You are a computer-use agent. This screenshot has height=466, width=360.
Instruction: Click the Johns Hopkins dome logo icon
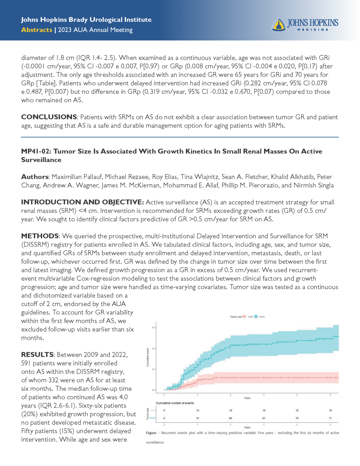tap(278, 25)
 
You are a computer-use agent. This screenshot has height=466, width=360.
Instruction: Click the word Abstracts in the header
tap(37, 30)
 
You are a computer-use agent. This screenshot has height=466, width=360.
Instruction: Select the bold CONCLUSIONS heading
tap(49, 117)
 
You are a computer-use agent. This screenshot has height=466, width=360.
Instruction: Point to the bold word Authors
tap(34, 177)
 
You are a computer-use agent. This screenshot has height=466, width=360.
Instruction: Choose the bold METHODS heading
tap(40, 236)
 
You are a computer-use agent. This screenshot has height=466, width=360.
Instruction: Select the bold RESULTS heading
tap(37, 355)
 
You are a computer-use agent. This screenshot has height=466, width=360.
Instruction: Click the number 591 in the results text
tap(26, 363)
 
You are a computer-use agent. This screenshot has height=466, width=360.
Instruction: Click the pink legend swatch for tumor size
tap(245, 317)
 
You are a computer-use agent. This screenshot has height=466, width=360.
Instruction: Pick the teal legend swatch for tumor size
tap(256, 317)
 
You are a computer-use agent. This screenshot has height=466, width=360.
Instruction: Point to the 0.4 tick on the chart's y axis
tap(154, 348)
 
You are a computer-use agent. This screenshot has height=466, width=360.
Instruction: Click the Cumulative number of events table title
tap(175, 403)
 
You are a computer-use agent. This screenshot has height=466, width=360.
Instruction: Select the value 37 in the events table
tap(197, 418)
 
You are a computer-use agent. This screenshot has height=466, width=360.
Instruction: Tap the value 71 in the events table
tap(330, 418)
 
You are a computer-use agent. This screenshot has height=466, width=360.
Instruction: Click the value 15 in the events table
tap(197, 410)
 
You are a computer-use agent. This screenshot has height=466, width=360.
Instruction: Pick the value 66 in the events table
tap(231, 418)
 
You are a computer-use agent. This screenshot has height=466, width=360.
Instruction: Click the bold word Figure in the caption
tap(151, 433)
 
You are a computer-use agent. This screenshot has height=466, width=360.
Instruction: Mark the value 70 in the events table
tap(297, 418)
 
